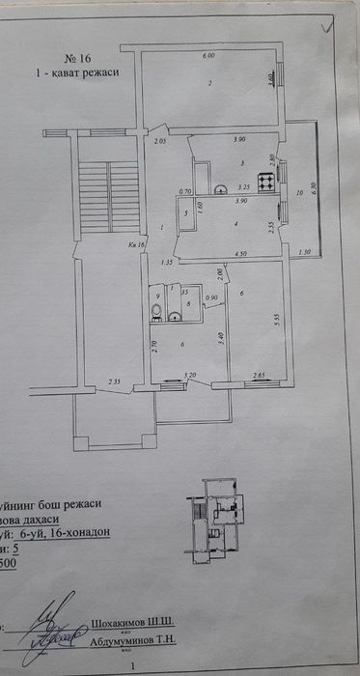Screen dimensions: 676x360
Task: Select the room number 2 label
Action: click(x=208, y=83)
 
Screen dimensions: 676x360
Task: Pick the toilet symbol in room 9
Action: click(x=155, y=309)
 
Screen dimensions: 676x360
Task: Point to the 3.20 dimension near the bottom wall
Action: click(x=190, y=374)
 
